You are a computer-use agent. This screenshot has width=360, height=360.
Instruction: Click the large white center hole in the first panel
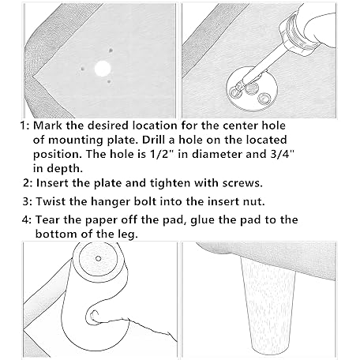[103, 69]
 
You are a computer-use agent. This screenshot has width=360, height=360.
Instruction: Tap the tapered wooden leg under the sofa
[267, 306]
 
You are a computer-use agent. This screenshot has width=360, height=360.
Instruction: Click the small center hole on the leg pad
[98, 258]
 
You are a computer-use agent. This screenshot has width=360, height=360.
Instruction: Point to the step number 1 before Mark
[24, 126]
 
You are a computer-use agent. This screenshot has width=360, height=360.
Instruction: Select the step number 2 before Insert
[26, 183]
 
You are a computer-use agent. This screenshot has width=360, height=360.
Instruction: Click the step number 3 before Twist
[26, 201]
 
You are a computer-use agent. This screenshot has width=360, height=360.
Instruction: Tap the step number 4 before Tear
[26, 219]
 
